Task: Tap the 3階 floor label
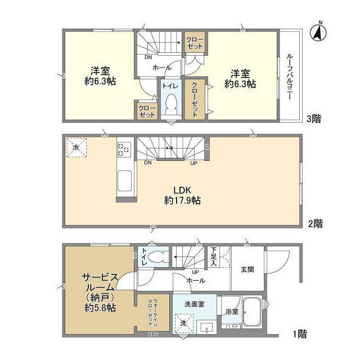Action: [314, 119]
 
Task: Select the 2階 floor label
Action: [316, 223]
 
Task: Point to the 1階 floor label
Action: [300, 335]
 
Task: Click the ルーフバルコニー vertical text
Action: [289, 76]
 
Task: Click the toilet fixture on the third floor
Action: [170, 104]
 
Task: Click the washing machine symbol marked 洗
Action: [183, 323]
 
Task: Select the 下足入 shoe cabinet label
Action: [214, 258]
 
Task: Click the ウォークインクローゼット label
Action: [154, 309]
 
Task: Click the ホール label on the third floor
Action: [163, 67]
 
